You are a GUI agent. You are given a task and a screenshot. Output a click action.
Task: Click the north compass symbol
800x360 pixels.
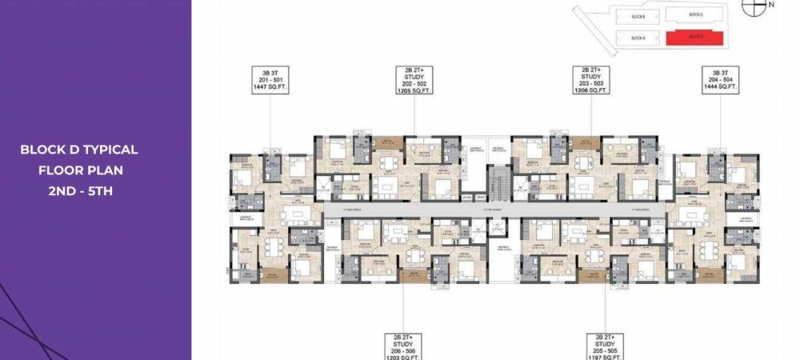click(751, 6)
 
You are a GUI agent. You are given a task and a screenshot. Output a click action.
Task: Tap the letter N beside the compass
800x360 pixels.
click(771, 5)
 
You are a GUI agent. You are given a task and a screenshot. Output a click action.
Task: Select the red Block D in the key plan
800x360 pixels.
click(694, 38)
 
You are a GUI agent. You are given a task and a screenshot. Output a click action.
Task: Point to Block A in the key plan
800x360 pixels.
click(638, 38)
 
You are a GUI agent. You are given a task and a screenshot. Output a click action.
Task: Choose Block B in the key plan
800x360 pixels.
click(638, 14)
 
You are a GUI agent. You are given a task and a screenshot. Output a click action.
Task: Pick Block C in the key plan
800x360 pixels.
click(694, 14)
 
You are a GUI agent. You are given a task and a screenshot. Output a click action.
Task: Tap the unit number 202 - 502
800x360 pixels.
click(414, 83)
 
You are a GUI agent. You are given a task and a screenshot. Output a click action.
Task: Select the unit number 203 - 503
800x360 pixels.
click(591, 83)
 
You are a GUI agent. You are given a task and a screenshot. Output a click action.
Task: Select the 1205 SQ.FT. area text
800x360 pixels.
click(414, 90)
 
